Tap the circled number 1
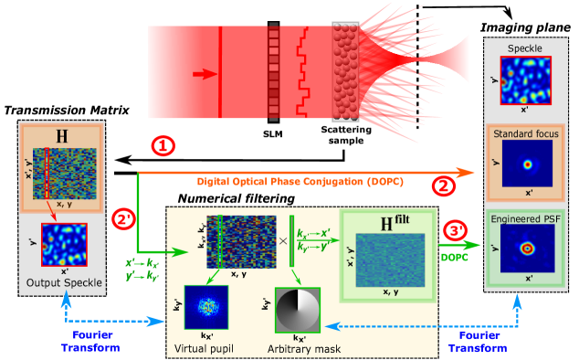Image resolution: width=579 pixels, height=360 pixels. tap(162, 145)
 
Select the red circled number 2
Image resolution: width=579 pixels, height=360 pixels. tap(444, 187)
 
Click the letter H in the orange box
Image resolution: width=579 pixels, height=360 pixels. tap(61, 137)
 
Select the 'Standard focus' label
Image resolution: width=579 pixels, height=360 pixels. tap(526, 135)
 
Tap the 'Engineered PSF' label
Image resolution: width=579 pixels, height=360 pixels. tap(526, 220)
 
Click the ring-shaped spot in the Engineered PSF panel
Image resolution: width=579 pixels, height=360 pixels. tap(526, 248)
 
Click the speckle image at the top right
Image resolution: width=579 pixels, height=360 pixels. tap(523, 79)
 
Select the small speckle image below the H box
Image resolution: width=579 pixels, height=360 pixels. tap(64, 244)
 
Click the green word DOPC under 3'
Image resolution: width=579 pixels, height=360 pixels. tap(455, 258)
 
